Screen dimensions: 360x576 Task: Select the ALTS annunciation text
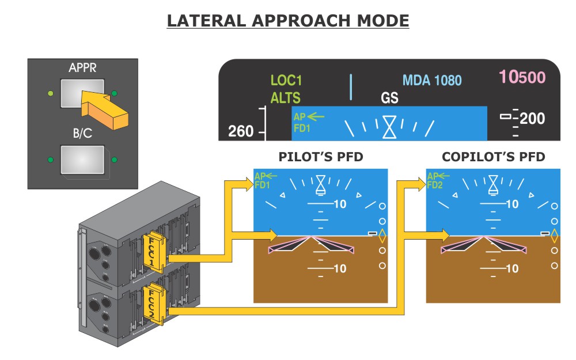(x=286, y=98)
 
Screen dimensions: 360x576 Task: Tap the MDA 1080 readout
(x=432, y=80)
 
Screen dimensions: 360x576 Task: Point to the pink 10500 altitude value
(x=522, y=77)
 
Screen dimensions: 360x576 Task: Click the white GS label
(x=390, y=98)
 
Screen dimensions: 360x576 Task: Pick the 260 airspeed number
(x=241, y=131)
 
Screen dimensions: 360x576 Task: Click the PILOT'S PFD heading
(x=321, y=157)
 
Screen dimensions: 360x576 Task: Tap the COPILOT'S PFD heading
(x=493, y=157)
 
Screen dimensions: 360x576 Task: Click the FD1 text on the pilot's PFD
(x=262, y=185)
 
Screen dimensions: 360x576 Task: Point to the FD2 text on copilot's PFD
(x=435, y=185)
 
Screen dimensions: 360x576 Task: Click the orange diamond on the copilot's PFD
(x=555, y=236)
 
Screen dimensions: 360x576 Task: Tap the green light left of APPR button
(x=50, y=93)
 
